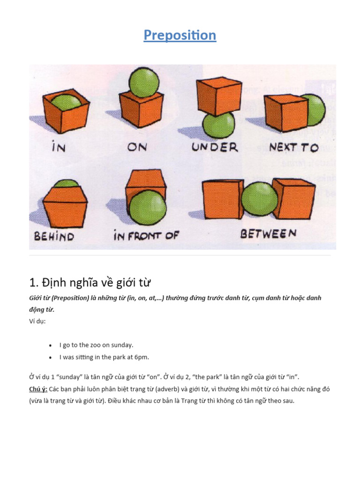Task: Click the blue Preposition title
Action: pyautogui.click(x=180, y=35)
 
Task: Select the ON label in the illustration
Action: pyautogui.click(x=137, y=147)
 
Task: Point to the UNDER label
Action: pyautogui.click(x=215, y=147)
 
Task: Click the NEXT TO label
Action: pyautogui.click(x=294, y=147)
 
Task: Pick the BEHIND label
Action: pyautogui.click(x=54, y=236)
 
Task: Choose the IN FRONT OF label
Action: pyautogui.click(x=146, y=235)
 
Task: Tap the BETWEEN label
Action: pyautogui.click(x=268, y=233)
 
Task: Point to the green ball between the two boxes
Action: pyautogui.click(x=259, y=199)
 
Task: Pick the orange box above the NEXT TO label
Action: pyautogui.click(x=286, y=112)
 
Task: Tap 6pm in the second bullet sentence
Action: pyautogui.click(x=141, y=357)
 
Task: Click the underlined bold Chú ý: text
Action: pyautogui.click(x=38, y=389)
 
